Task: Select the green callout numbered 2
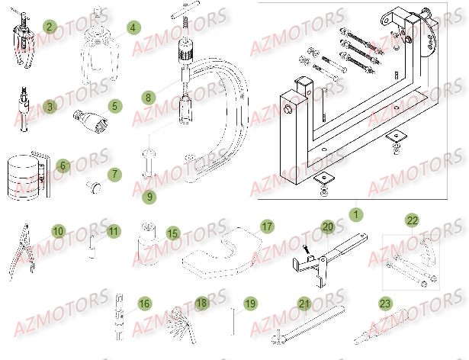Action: tap(50, 27)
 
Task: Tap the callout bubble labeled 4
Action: tap(133, 27)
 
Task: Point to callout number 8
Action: tap(148, 98)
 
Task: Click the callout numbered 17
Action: tap(266, 227)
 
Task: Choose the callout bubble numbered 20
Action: tap(327, 227)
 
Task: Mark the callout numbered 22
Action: tap(413, 221)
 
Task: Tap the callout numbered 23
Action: tap(384, 304)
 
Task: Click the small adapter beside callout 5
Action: tap(87, 118)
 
